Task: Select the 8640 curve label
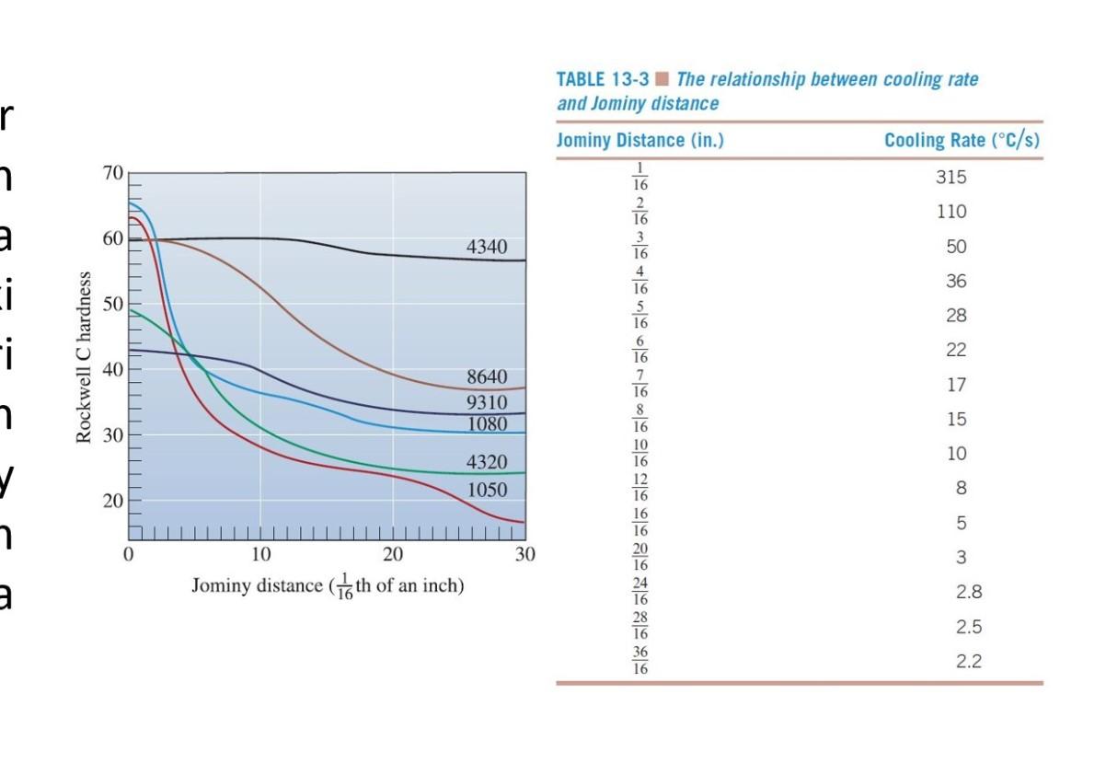486,378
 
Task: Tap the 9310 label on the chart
486,402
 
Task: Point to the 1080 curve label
486,424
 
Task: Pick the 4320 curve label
486,462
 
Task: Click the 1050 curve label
486,489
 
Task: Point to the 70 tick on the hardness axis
112,173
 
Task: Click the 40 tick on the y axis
112,370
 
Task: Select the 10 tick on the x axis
260,555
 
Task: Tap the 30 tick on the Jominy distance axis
524,555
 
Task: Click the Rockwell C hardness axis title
85,357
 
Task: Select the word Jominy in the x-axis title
222,585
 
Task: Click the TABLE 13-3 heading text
603,80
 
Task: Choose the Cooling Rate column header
962,141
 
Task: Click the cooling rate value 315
951,178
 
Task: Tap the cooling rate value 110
951,212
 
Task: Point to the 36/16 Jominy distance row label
640,661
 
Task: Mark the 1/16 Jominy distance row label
640,177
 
